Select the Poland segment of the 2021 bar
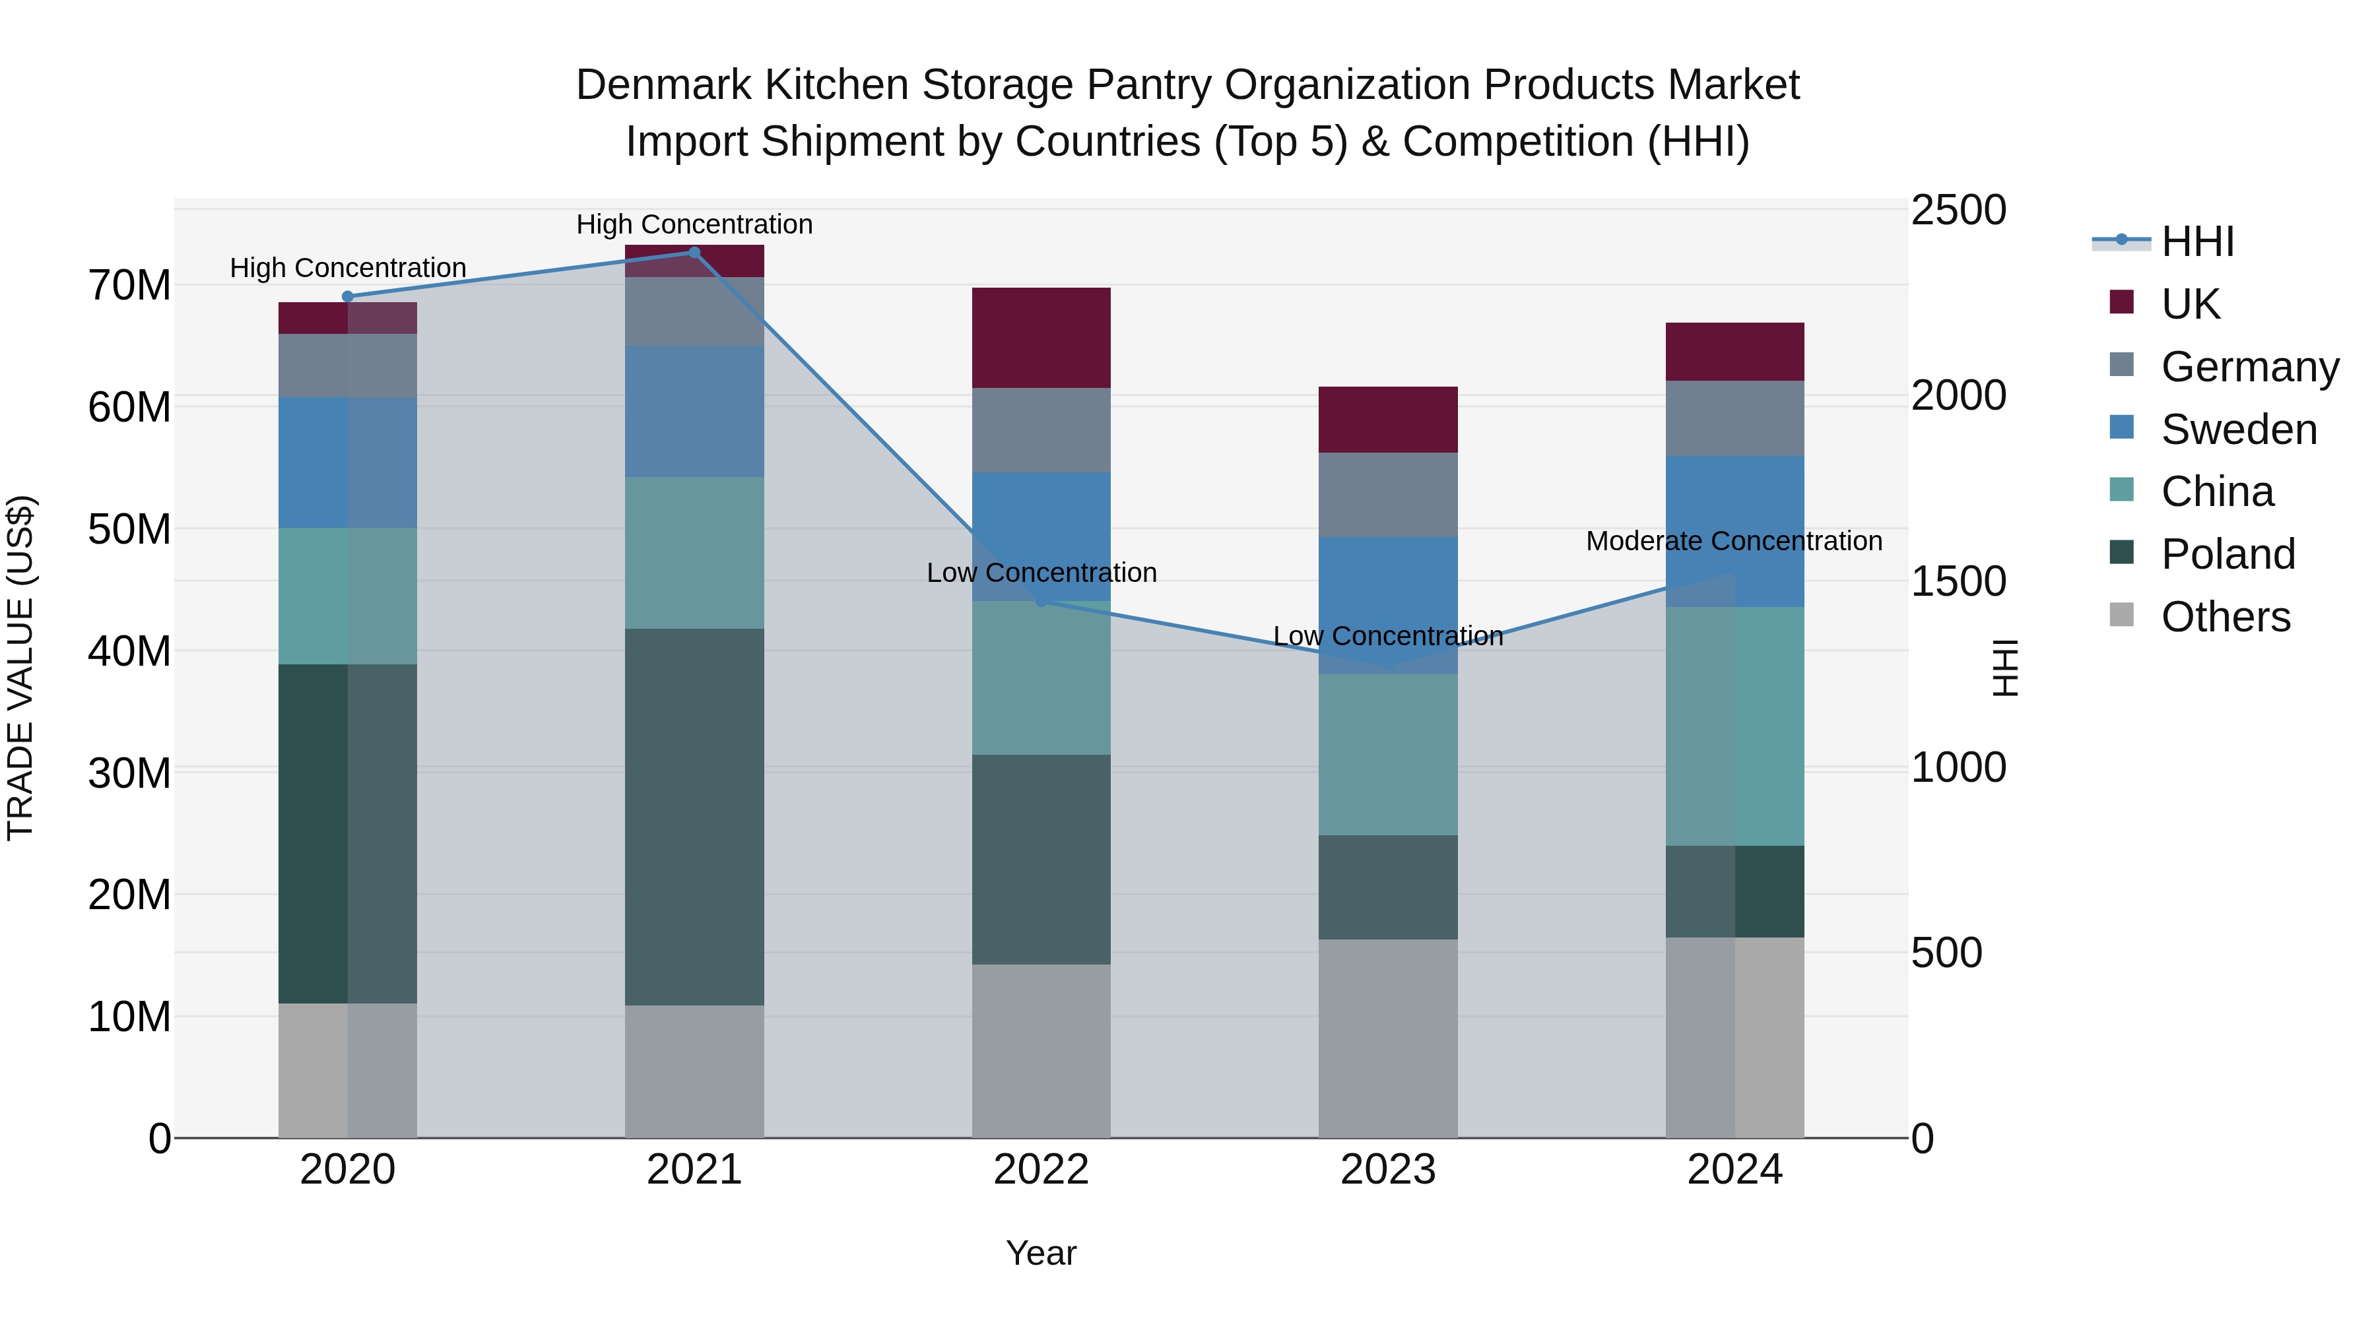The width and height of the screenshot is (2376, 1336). (x=694, y=816)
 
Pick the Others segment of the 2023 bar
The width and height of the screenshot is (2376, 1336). (x=1387, y=1038)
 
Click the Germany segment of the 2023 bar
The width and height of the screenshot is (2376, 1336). (x=1387, y=494)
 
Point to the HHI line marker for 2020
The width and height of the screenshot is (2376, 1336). (x=348, y=297)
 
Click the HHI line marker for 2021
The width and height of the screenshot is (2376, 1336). (x=694, y=253)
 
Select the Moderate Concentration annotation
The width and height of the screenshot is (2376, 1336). (x=1733, y=541)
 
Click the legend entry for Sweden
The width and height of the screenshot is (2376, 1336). (x=2239, y=429)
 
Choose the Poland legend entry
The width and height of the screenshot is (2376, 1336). (x=2227, y=554)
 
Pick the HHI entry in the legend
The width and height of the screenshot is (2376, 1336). (x=2197, y=241)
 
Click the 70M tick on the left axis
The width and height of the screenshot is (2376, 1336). (x=129, y=286)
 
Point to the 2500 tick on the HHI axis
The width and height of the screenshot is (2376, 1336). (x=1958, y=210)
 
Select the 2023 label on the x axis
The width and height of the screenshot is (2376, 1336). (x=1387, y=1170)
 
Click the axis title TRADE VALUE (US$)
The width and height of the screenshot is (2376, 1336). (x=21, y=668)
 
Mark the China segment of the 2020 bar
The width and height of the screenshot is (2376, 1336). (x=348, y=596)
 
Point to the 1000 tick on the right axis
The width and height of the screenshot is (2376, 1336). (x=1958, y=767)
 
